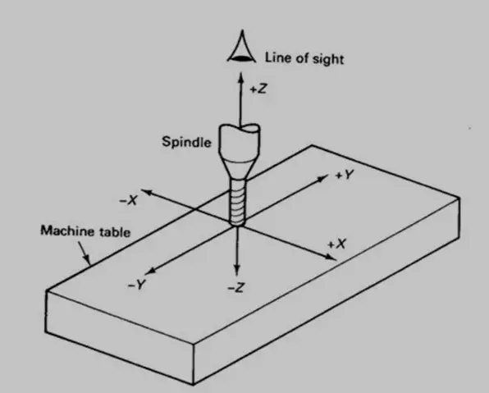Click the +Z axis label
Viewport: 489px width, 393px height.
258,89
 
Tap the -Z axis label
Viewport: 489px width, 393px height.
236,288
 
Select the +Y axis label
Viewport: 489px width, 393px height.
345,175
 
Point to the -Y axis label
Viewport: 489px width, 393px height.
137,285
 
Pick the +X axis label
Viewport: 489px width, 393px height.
337,244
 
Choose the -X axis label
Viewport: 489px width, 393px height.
129,200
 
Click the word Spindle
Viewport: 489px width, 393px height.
186,142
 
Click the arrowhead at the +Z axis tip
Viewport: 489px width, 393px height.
240,77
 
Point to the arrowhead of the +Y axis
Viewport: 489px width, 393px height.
322,178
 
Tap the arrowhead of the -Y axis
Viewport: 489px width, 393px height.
150,272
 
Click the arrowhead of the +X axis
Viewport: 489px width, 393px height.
331,257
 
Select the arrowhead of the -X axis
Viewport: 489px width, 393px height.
147,192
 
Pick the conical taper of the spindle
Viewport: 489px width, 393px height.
238,168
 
